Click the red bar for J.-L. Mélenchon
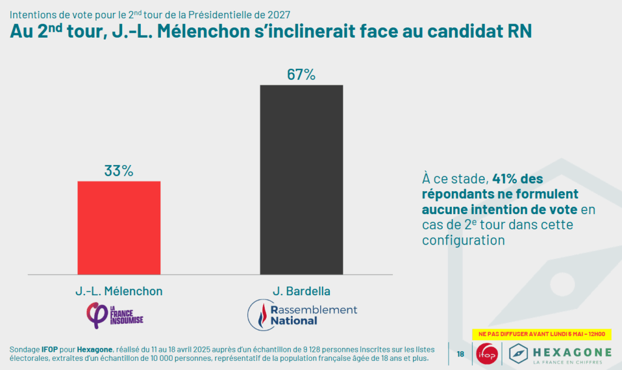(119, 228)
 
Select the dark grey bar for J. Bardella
(301, 180)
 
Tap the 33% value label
(118, 171)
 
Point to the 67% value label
(301, 75)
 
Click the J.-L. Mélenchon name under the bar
(119, 291)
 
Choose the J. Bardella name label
(302, 291)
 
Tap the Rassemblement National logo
(302, 314)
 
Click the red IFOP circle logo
(487, 354)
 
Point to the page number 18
(460, 354)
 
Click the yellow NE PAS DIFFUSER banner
(541, 334)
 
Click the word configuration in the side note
(463, 240)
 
